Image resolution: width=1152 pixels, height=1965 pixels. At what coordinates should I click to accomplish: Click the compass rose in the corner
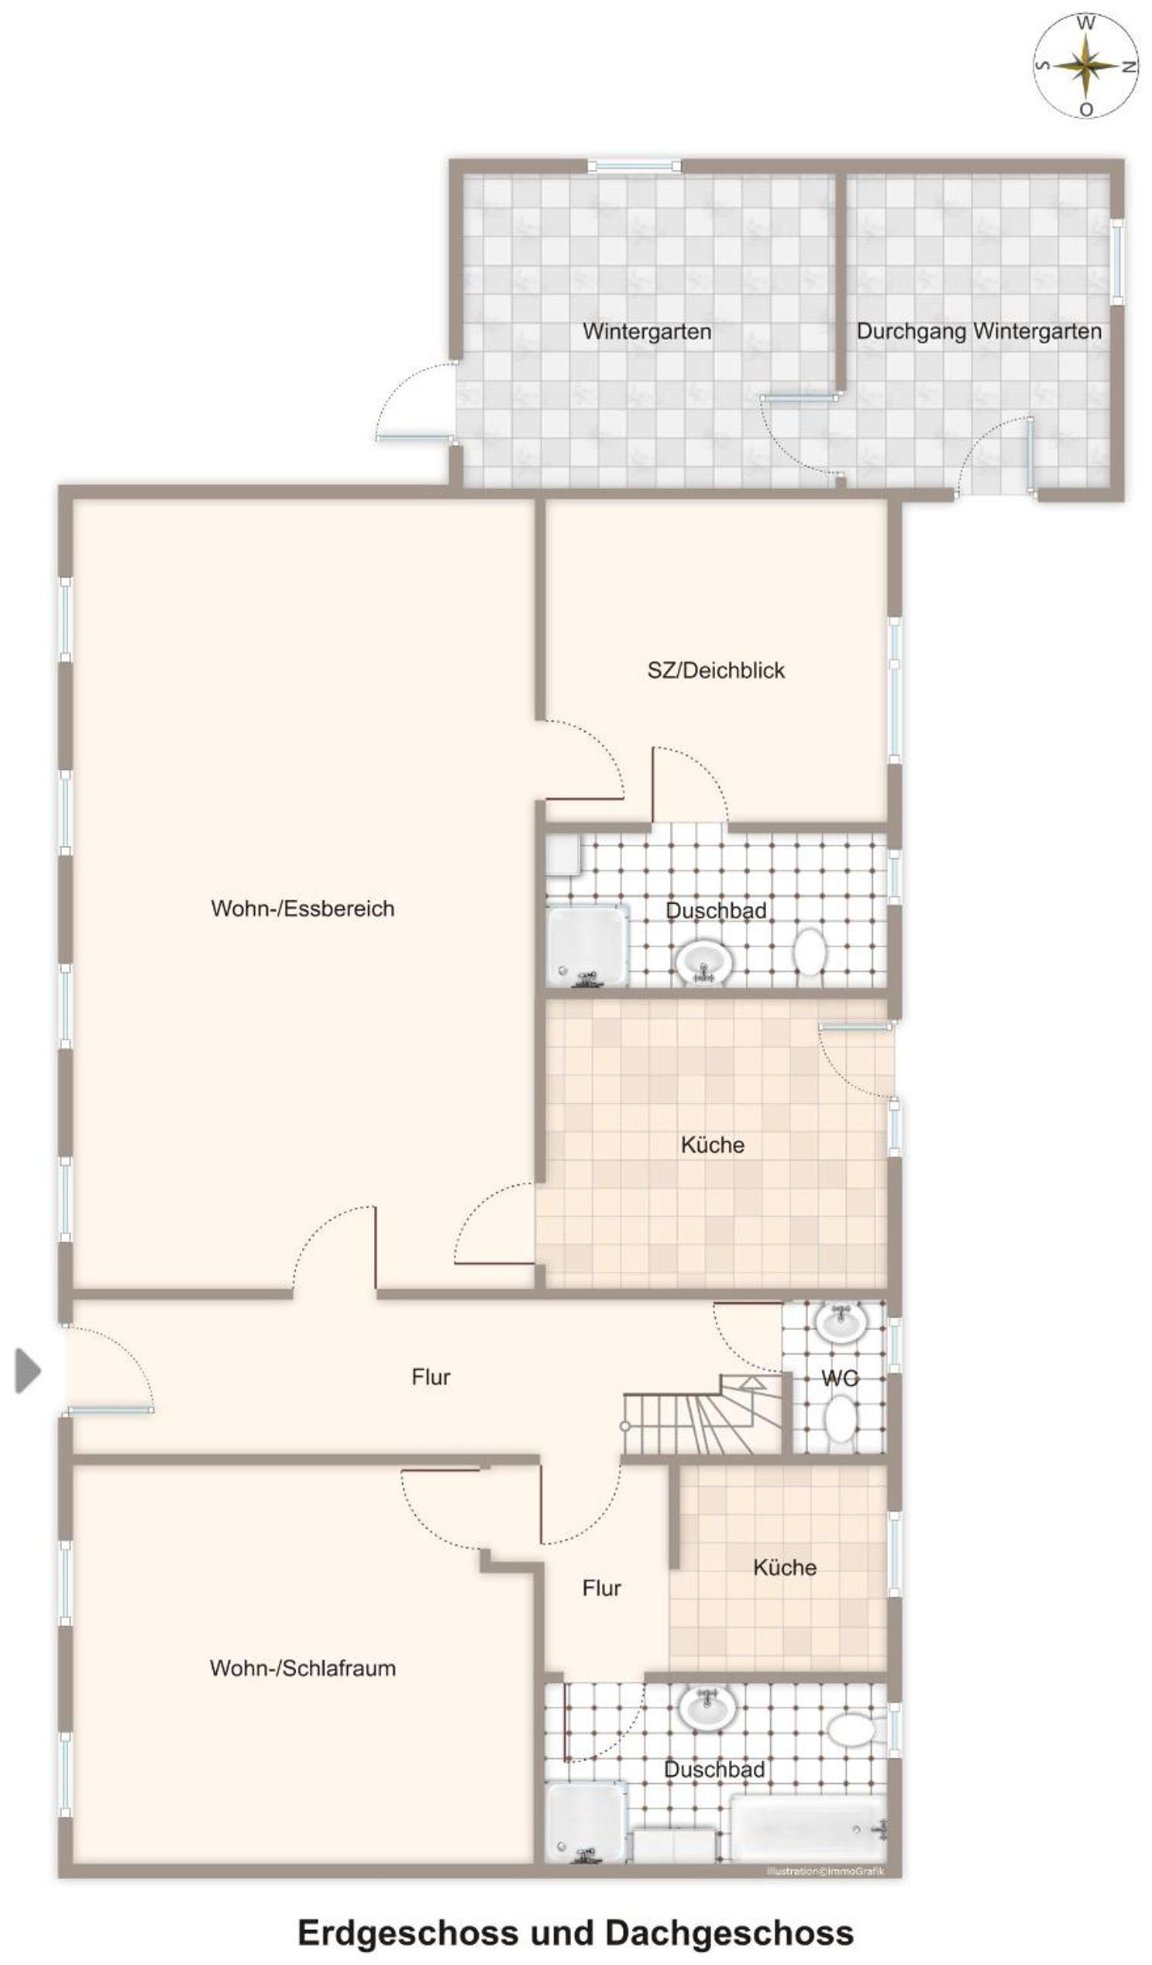[1085, 65]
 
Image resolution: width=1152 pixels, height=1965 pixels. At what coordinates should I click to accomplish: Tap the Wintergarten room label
[647, 332]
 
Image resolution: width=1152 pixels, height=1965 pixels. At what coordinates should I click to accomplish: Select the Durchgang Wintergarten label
[979, 332]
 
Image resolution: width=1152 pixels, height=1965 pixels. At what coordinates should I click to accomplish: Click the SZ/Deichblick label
[717, 670]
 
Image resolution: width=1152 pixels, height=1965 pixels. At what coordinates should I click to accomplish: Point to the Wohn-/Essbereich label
[302, 908]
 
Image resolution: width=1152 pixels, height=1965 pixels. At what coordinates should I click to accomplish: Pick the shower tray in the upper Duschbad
[587, 946]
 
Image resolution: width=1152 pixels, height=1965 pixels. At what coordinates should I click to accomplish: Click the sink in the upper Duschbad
[703, 962]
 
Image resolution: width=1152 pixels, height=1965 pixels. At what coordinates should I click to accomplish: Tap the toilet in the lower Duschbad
[851, 1751]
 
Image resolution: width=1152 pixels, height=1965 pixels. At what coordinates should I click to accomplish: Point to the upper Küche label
[713, 1145]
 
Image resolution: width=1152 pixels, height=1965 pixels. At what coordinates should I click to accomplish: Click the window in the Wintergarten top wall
[634, 165]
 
